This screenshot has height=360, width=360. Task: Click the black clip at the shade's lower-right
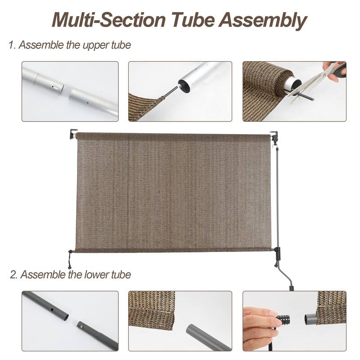(276, 252)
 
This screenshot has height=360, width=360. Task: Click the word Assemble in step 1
(37, 45)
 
